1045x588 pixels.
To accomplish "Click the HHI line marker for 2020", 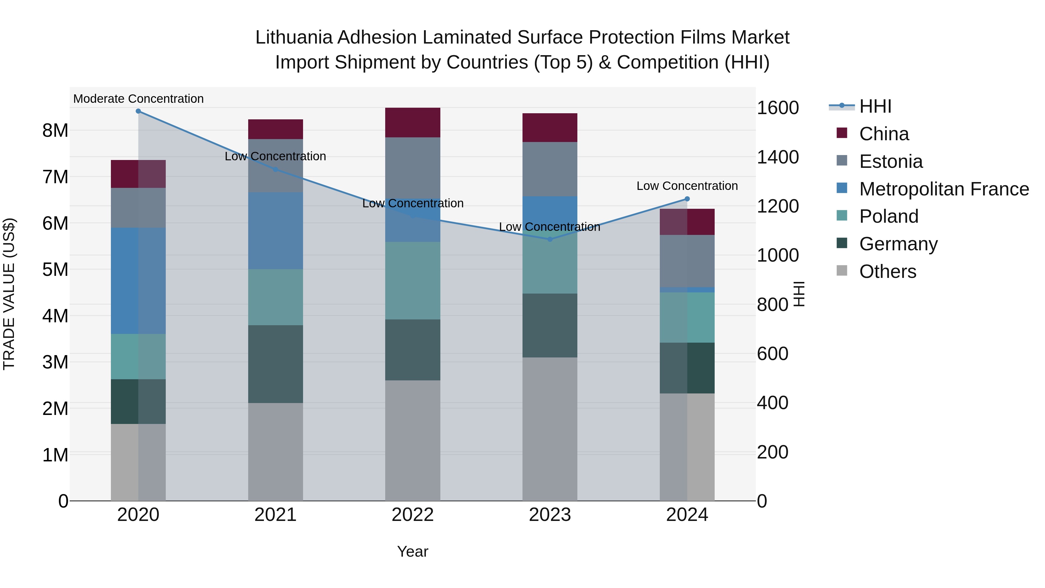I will (x=138, y=111).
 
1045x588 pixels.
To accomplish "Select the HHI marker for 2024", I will (x=687, y=199).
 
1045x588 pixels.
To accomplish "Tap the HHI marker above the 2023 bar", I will (x=550, y=240).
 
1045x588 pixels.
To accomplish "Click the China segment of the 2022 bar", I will (x=412, y=123).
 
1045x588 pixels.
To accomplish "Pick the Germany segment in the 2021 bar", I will (x=275, y=364).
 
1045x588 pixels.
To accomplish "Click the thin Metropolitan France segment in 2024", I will (x=687, y=290).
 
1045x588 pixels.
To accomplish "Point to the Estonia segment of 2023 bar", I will (x=550, y=169).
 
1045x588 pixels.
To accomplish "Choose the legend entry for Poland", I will (x=889, y=216).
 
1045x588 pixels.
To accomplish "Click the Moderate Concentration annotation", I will (x=138, y=99).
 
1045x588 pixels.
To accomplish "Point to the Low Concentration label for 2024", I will (x=687, y=186).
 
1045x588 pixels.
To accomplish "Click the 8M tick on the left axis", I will (x=55, y=131).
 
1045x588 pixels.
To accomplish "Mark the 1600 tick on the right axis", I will (x=778, y=108).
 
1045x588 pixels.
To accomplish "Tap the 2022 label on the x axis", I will (x=412, y=515).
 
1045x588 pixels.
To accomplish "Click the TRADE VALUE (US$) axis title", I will (x=9, y=294).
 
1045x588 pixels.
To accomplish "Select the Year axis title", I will (x=412, y=551).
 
